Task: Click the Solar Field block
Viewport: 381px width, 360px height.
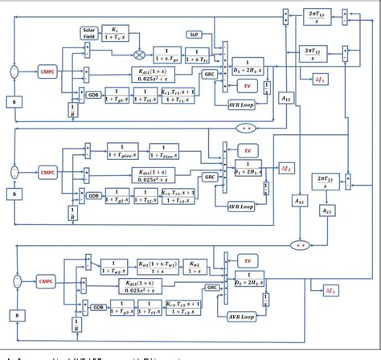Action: (89, 33)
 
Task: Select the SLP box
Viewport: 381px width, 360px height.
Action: (195, 35)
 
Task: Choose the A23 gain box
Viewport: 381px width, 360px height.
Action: (327, 211)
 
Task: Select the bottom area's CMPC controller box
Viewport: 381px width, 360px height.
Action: (47, 281)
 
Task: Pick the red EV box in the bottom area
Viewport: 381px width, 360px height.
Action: (248, 261)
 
